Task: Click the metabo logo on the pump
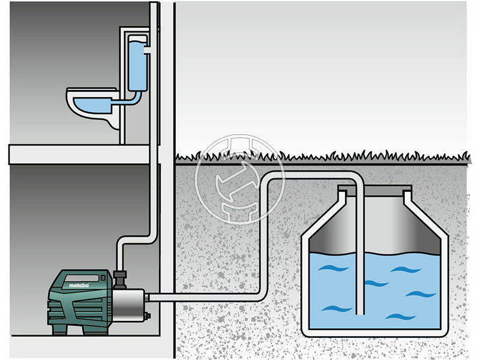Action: tap(79, 285)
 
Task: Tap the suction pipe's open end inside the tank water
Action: tap(358, 311)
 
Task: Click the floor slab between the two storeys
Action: tap(78, 154)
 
